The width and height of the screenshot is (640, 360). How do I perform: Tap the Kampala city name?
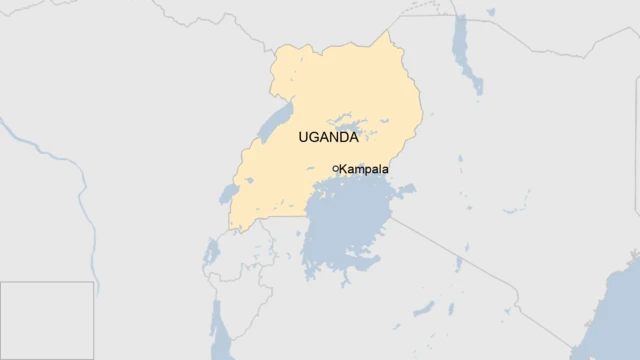(364, 169)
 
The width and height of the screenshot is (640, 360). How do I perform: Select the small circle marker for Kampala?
(335, 168)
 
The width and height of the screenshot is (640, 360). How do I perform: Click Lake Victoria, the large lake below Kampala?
(350, 230)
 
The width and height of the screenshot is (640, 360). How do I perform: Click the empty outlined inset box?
(47, 320)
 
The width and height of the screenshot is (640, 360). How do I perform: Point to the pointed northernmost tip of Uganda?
(391, 33)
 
